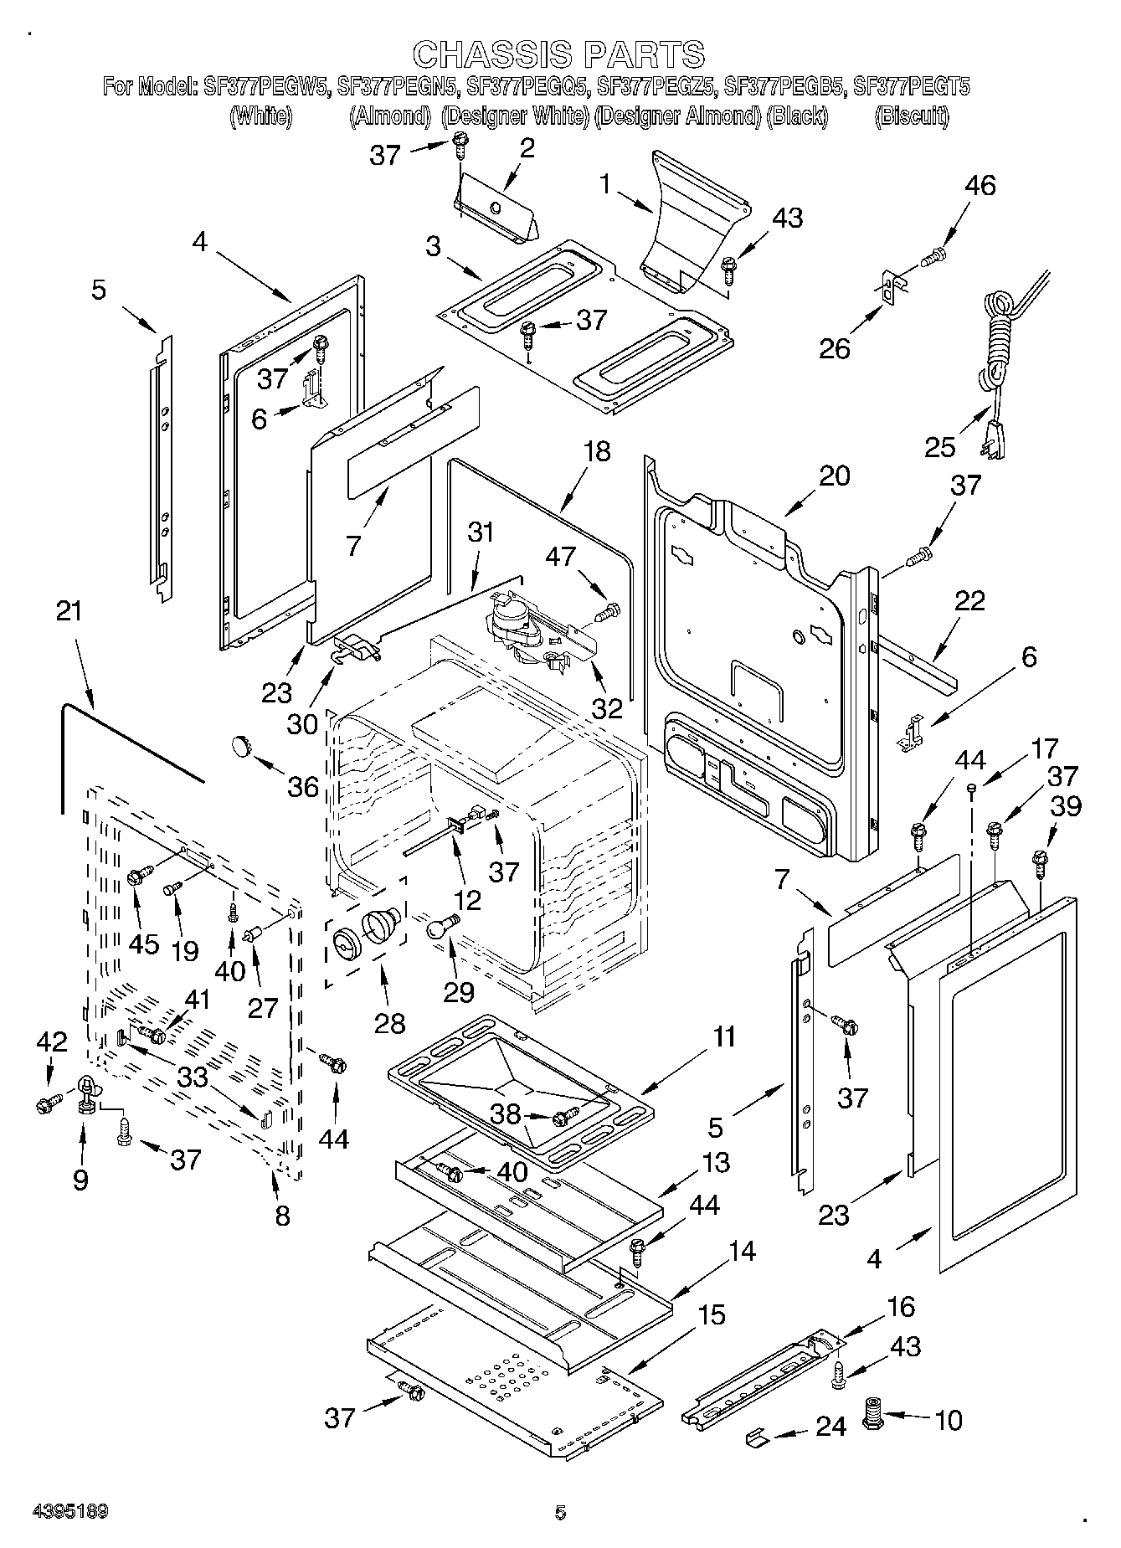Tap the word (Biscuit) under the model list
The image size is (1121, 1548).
(911, 116)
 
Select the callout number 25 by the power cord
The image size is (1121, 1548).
(940, 446)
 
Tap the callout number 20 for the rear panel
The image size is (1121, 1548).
(834, 476)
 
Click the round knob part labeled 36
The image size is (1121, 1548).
(242, 743)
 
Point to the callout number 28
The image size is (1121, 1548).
(389, 1022)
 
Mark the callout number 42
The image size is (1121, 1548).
(51, 1041)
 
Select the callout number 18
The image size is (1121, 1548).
(597, 451)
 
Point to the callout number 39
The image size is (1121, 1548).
(1067, 805)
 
